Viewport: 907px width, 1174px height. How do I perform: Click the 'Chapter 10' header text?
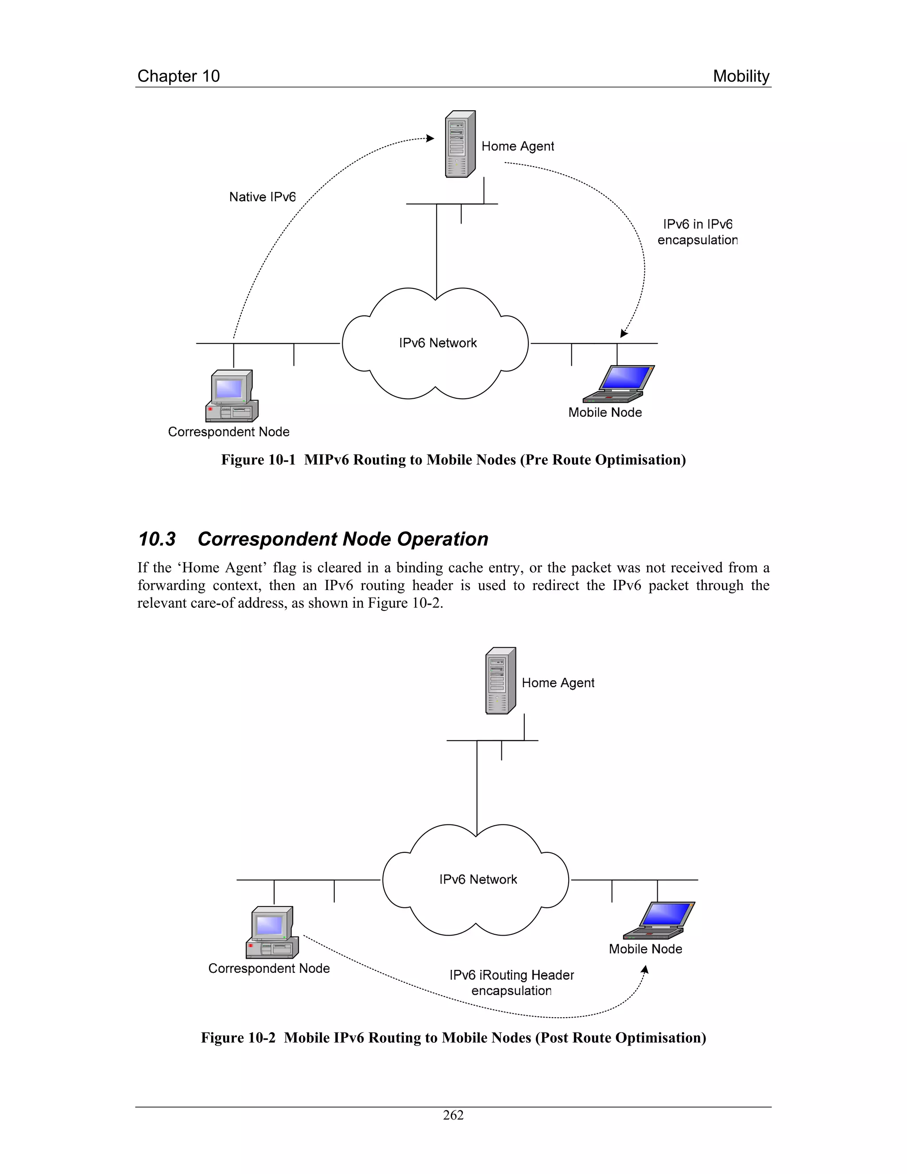tap(178, 76)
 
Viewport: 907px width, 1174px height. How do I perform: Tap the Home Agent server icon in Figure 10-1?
tap(460, 144)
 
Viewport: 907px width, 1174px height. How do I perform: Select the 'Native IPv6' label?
tap(262, 197)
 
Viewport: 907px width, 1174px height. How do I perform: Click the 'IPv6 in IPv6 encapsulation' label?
tap(697, 232)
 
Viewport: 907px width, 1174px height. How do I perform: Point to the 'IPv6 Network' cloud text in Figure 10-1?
tap(438, 343)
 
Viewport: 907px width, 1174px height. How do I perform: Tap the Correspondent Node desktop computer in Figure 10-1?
tap(232, 396)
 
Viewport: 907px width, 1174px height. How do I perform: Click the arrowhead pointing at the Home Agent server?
tap(430, 138)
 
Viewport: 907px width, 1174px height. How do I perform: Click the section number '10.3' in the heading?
tap(157, 539)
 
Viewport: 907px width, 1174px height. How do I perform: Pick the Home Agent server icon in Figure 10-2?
tap(500, 680)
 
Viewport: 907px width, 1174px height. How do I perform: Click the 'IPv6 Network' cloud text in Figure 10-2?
tap(478, 879)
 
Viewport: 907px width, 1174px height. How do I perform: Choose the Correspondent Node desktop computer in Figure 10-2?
tap(272, 932)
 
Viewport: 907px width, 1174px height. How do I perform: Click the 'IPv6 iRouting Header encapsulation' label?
tap(512, 983)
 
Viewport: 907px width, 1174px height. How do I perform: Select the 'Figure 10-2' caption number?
tap(237, 1038)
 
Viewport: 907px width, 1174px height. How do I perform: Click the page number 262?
tap(453, 1116)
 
